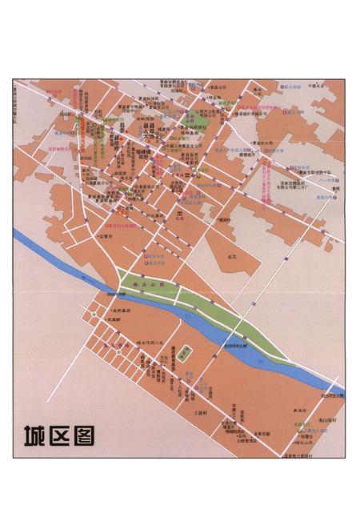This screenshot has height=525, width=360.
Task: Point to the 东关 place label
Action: [x=232, y=256]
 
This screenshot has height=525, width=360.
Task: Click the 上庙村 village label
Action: [x=201, y=413]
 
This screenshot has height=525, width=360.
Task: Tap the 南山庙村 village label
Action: [x=328, y=420]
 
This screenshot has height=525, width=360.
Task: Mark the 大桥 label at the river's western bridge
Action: [x=118, y=295]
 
